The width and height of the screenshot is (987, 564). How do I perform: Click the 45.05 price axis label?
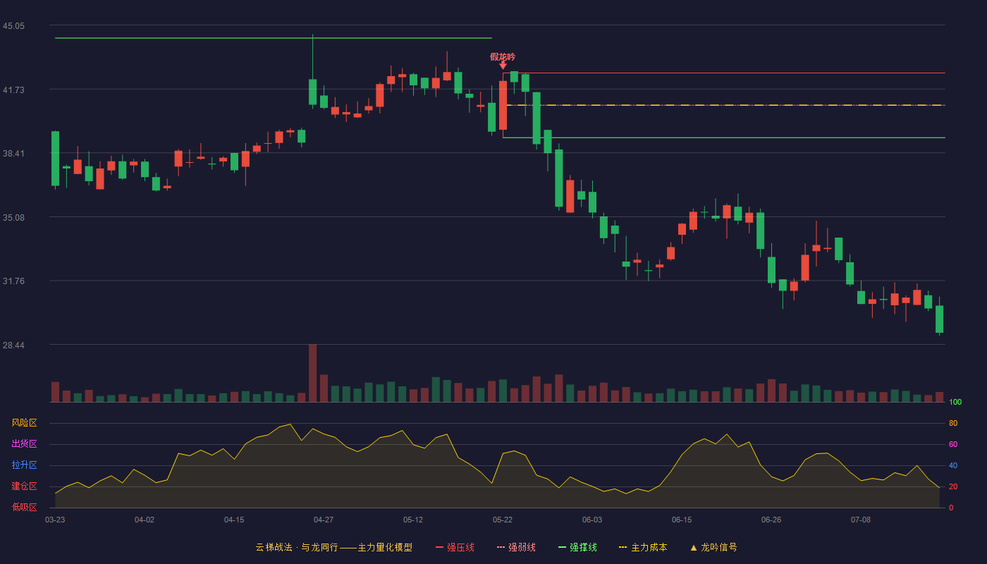point(13,26)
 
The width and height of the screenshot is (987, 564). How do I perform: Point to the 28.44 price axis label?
point(13,345)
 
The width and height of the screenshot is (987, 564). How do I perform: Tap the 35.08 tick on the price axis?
point(13,218)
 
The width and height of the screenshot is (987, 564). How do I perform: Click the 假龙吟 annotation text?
point(502,57)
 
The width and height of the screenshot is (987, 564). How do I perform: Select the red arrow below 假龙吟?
point(503,66)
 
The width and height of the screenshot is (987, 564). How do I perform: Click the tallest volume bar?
point(313,373)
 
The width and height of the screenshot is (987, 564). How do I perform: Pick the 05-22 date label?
point(502,520)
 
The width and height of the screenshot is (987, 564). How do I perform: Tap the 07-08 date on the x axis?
point(861,520)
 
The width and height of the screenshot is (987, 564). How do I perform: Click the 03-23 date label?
point(55,520)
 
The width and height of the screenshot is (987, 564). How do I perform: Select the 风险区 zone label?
point(24,423)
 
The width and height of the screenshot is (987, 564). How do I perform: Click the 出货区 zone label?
point(24,443)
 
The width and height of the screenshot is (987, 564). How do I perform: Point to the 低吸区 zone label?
point(24,507)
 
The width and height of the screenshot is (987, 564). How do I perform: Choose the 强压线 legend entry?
point(455,547)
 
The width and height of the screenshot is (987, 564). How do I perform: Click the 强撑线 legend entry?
point(577,547)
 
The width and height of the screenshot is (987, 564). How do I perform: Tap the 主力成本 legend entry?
point(643,547)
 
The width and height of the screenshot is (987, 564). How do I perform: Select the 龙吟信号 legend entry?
point(713,547)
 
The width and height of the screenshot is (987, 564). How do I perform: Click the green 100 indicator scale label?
point(955,402)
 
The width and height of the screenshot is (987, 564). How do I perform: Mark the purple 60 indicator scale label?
point(953,444)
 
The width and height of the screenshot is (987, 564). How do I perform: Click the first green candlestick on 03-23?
point(55,159)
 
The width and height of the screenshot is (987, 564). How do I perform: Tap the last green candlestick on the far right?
point(939,319)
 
